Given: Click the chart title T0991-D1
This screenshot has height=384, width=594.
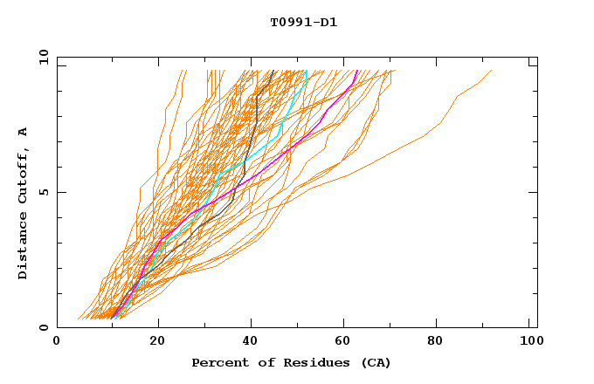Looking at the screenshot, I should [x=303, y=22].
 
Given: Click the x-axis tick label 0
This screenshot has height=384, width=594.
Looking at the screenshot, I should [x=57, y=343].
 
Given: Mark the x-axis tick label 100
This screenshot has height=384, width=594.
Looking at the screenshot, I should [x=529, y=343].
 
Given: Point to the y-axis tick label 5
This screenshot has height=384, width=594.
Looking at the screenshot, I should [x=43, y=192].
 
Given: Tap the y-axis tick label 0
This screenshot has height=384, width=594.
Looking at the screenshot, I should [x=43, y=327].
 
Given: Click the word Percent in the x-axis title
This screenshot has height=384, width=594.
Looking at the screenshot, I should [x=217, y=362].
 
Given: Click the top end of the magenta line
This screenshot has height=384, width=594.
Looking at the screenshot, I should [x=356, y=71].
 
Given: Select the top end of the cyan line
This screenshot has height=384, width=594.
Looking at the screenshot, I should [x=307, y=71].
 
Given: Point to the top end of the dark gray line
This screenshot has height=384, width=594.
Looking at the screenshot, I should [x=274, y=71].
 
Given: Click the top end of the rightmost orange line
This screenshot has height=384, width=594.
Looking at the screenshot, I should [x=492, y=71].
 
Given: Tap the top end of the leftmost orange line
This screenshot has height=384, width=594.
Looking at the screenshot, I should [x=183, y=71].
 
